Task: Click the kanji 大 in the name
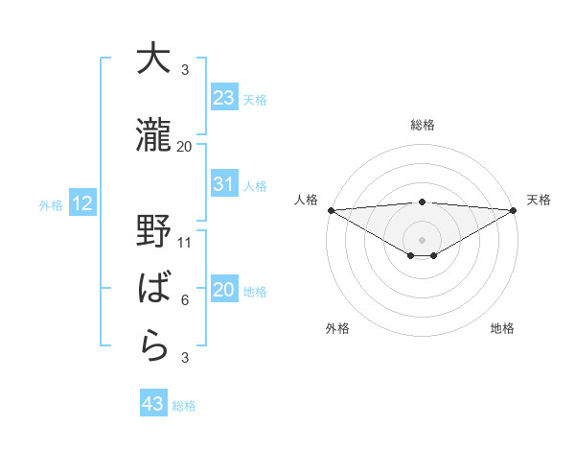tap(152, 59)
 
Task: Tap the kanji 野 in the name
tap(152, 233)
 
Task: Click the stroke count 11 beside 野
tap(185, 243)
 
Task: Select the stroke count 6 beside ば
tap(185, 300)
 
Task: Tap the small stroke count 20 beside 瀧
tap(185, 146)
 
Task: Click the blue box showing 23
tap(224, 97)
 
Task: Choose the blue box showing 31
tap(224, 184)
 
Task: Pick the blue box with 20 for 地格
tap(224, 291)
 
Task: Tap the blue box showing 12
tap(81, 203)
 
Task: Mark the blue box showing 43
tap(153, 404)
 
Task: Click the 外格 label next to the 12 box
tap(49, 204)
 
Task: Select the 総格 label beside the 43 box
tap(184, 406)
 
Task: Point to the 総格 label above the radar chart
tap(422, 125)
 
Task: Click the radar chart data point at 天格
tap(514, 210)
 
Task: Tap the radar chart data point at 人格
tap(331, 210)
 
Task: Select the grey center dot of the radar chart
tap(422, 238)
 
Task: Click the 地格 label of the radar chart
tap(502, 328)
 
